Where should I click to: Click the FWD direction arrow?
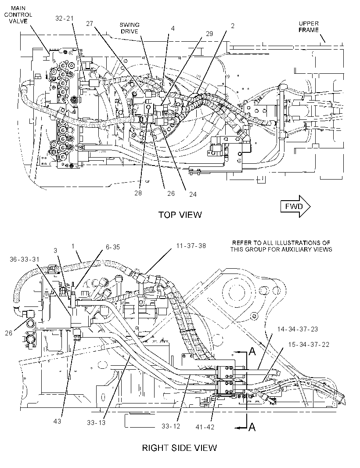click(x=295, y=206)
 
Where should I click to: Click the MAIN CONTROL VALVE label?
click(x=18, y=14)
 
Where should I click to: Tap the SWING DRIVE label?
click(x=130, y=28)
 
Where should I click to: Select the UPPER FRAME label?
click(x=309, y=27)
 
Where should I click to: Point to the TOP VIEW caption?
click(x=180, y=215)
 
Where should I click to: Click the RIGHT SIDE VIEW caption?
click(x=180, y=448)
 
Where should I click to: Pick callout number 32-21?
click(x=64, y=18)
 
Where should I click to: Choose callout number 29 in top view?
click(x=209, y=33)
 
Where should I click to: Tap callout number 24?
click(x=193, y=194)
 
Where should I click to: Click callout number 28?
click(x=138, y=193)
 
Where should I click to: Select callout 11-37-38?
click(x=191, y=246)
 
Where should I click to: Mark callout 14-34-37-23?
click(x=298, y=329)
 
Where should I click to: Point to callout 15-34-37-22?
click(x=309, y=345)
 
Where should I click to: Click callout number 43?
click(x=58, y=421)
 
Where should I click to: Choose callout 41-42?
click(x=205, y=427)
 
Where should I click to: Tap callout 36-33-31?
click(x=25, y=259)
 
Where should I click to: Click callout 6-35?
click(x=112, y=247)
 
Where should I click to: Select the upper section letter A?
click(x=252, y=352)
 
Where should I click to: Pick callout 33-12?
click(x=171, y=426)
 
